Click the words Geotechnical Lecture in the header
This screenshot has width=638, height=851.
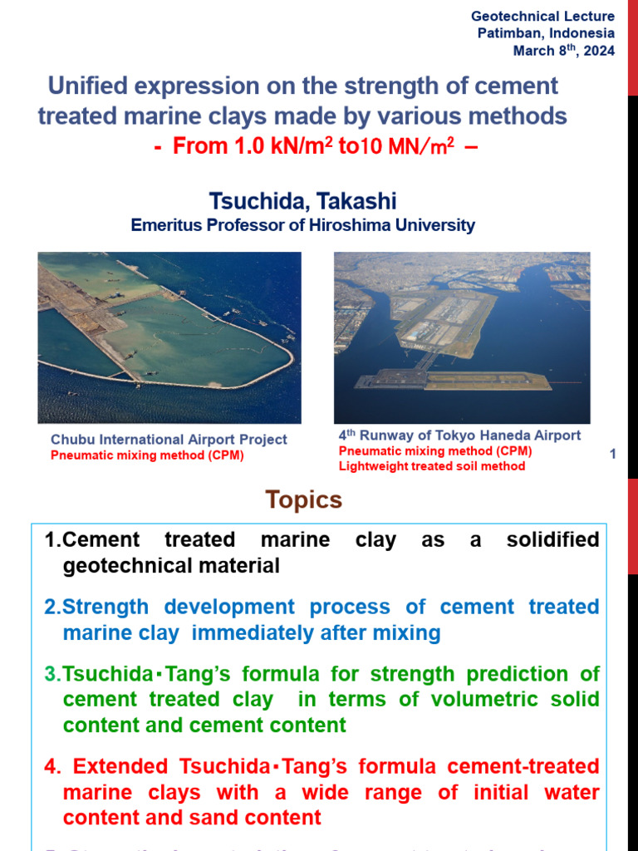tap(542, 17)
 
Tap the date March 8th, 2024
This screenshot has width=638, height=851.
tap(564, 51)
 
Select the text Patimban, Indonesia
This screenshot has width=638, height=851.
tap(546, 33)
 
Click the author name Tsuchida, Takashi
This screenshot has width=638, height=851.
tap(302, 201)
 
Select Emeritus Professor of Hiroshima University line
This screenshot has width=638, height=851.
tap(302, 225)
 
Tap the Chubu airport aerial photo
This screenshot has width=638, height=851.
tap(169, 337)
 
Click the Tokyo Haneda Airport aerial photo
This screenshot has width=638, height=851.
tap(462, 337)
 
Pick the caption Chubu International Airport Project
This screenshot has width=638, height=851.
tap(169, 440)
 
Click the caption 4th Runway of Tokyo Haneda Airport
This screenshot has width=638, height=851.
tap(459, 435)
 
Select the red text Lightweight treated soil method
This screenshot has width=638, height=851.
tap(431, 466)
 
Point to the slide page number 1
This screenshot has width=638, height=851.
tap(612, 454)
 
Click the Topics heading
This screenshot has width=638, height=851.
tap(303, 500)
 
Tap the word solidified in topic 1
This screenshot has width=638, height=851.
tap(552, 540)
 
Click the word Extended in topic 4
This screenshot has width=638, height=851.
tap(121, 766)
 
